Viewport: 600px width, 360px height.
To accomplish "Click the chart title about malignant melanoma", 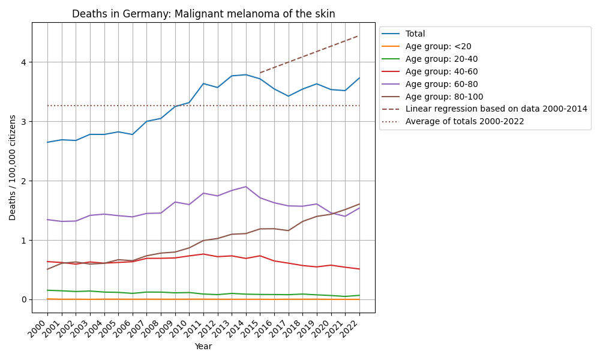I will [203, 14].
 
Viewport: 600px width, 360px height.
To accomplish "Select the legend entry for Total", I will [415, 34].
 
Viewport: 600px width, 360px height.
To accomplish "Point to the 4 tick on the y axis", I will [25, 62].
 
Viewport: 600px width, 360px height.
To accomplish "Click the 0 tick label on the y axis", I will [25, 299].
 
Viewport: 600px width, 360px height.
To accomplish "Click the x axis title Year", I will [203, 347].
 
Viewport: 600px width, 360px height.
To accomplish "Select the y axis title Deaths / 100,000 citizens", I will [13, 167].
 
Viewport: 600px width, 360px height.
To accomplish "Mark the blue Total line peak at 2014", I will [246, 75].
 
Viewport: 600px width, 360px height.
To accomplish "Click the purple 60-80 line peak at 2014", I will [246, 187].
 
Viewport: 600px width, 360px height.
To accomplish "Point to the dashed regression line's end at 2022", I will [359, 35].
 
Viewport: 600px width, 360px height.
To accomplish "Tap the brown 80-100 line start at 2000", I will [47, 269].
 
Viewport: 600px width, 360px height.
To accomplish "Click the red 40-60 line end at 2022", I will [359, 269].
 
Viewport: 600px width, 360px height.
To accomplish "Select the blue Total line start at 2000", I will [47, 142].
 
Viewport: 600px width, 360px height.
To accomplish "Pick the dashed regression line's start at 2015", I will [260, 73].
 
